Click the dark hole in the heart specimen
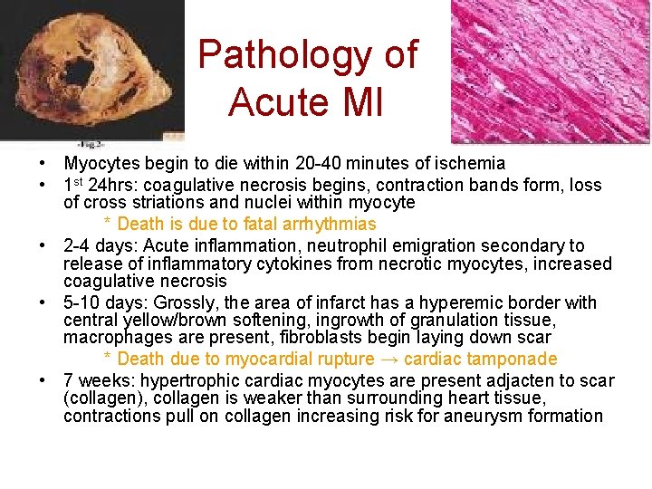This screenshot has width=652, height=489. pyautogui.click(x=80, y=72)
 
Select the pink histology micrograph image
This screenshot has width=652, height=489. pyautogui.click(x=551, y=71)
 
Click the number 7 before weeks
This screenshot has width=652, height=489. pyautogui.click(x=68, y=380)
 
